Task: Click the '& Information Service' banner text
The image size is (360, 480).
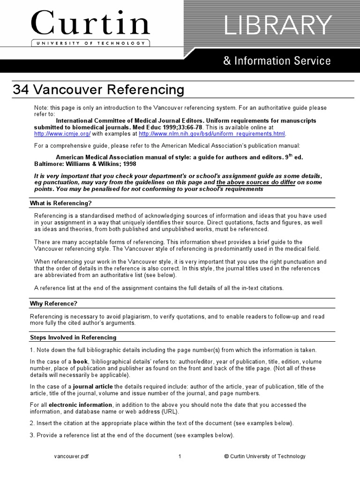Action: pos(277,61)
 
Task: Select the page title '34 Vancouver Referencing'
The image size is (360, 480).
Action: pos(98,90)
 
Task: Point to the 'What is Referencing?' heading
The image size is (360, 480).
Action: pos(60,203)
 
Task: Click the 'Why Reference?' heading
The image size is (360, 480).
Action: pos(53,304)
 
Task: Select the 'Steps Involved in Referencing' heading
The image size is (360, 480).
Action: pos(73,337)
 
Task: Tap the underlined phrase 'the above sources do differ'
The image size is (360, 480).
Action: pos(255,182)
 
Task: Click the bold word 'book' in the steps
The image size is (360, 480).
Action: pos(80,362)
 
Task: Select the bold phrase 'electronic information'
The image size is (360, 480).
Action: pos(80,405)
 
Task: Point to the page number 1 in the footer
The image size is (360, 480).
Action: pos(180,456)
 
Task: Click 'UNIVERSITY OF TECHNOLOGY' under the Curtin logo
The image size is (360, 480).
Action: pos(90,43)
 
